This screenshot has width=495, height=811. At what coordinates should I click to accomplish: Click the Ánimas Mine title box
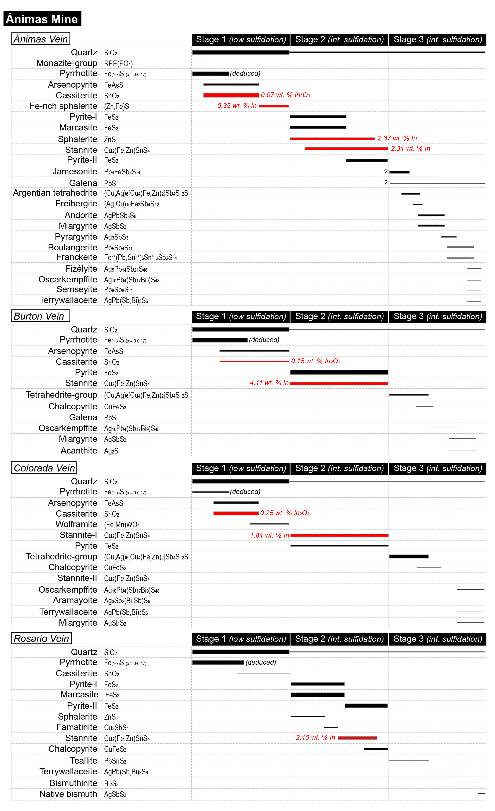coord(42,19)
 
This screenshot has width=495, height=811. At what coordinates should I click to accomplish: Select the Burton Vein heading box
coord(40,316)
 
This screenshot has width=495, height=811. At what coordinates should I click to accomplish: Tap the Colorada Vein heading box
coord(44,468)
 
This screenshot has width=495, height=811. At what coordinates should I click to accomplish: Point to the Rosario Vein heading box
coord(41,638)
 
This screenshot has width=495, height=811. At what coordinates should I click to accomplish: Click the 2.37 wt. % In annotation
coord(397,138)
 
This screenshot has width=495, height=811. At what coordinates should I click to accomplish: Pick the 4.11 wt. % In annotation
coord(269,383)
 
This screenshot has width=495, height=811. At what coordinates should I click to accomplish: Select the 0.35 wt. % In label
coord(237,106)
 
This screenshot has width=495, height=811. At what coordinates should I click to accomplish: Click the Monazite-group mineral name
coord(67,63)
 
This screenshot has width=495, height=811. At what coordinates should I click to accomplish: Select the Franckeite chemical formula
coord(140,257)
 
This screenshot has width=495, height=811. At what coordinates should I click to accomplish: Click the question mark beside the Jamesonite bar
coord(385,172)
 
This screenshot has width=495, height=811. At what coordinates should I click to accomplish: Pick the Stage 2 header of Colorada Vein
coord(339,468)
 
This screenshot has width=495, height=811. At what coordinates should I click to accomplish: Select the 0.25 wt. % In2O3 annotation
coord(285,513)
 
